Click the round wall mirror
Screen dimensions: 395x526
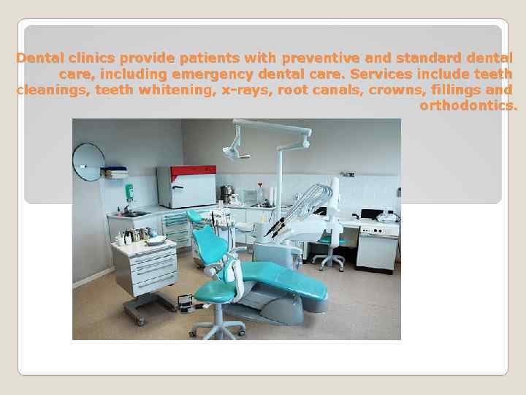88,162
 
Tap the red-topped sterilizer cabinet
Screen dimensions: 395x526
186,187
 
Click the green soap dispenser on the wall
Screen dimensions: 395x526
129,192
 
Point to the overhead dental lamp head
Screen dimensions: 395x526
235,152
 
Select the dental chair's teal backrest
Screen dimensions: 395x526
211,244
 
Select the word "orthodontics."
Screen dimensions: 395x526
468,106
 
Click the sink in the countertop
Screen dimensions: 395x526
134,214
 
